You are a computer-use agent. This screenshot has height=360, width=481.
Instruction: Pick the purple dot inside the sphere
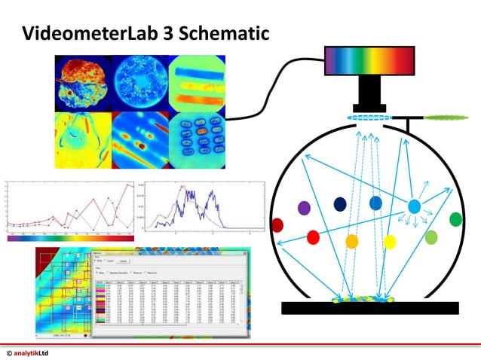(305, 208)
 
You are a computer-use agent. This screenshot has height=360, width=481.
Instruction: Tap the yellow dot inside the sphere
(390, 241)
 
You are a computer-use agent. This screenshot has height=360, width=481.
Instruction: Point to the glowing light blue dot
(414, 206)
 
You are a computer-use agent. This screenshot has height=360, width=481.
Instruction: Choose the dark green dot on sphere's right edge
(455, 219)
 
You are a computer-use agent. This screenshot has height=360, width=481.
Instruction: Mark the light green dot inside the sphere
(431, 237)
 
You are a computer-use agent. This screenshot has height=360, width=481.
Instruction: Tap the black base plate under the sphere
(369, 307)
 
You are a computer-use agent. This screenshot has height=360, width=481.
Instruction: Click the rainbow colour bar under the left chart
(70, 238)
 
